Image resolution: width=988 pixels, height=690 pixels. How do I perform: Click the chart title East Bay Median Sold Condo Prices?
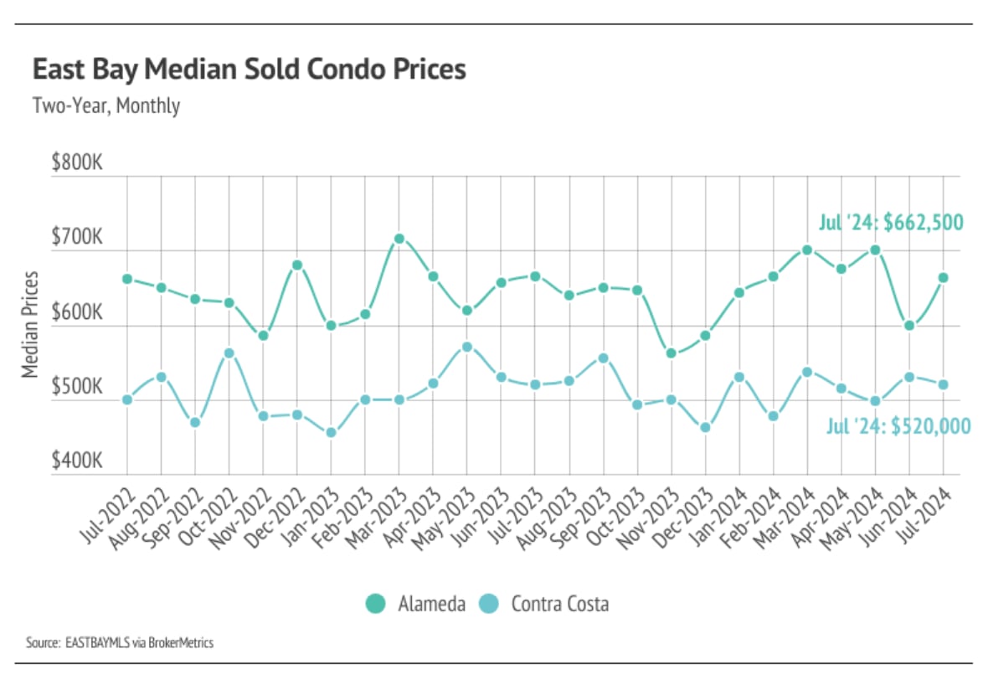click(x=249, y=70)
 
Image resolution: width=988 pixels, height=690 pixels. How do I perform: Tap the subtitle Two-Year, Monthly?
click(x=105, y=106)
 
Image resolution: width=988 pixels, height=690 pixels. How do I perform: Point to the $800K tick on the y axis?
click(x=76, y=163)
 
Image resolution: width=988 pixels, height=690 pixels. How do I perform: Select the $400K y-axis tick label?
click(x=76, y=462)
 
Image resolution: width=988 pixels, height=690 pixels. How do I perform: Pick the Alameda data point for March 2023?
click(x=399, y=239)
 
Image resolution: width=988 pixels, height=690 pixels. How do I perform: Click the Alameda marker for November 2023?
click(x=672, y=353)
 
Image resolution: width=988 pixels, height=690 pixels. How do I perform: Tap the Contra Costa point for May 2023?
click(x=467, y=347)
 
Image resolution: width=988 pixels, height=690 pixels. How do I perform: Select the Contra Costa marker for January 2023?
click(x=331, y=433)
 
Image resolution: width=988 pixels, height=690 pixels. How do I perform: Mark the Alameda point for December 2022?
click(x=296, y=265)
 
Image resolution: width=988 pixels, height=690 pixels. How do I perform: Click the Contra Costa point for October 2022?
click(x=229, y=353)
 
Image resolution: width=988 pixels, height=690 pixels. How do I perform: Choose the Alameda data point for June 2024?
click(x=909, y=326)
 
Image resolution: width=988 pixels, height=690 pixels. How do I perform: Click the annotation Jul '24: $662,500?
click(x=891, y=223)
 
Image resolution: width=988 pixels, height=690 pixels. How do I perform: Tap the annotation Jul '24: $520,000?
click(x=898, y=426)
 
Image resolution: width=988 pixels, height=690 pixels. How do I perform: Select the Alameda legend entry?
click(x=416, y=603)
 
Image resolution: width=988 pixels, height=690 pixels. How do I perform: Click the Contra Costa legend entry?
click(x=545, y=603)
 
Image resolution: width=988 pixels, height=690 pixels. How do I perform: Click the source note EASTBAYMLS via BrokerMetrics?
click(x=120, y=643)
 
